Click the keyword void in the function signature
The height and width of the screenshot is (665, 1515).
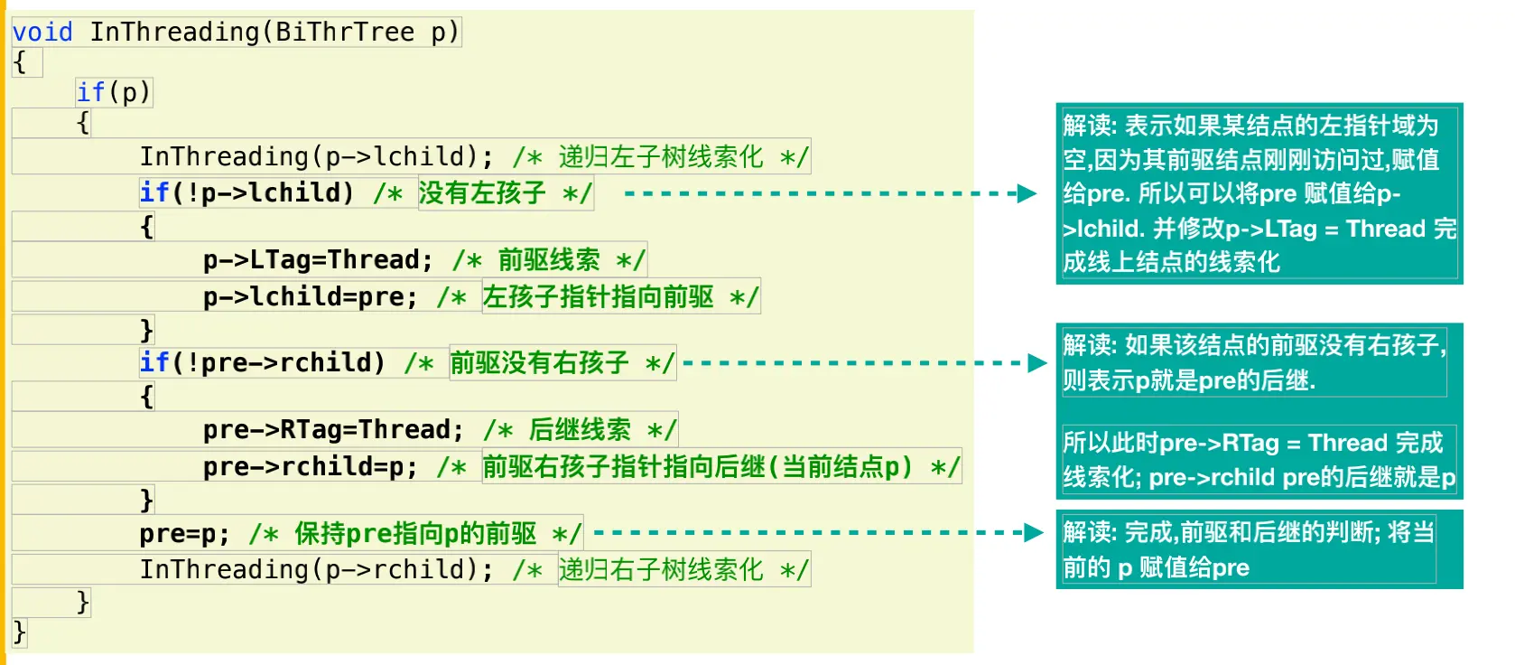click(x=42, y=33)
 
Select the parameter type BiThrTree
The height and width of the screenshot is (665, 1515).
click(x=344, y=33)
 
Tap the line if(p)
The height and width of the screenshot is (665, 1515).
click(x=114, y=92)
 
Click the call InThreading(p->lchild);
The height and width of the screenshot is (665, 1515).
click(x=316, y=157)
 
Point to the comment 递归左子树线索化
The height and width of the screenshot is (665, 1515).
click(x=661, y=157)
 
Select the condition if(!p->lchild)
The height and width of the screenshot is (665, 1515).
click(x=246, y=192)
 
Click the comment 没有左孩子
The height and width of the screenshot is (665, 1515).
click(x=482, y=192)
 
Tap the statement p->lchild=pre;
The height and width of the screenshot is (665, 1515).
click(x=310, y=296)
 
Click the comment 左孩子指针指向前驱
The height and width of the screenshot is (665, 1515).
click(x=598, y=296)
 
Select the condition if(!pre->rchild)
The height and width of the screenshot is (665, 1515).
click(x=262, y=363)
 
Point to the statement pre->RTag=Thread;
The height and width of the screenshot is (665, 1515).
click(x=333, y=430)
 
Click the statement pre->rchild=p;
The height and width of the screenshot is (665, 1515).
click(x=310, y=467)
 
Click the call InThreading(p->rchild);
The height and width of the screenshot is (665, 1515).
click(x=316, y=570)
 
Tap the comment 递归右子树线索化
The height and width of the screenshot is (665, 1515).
click(x=661, y=570)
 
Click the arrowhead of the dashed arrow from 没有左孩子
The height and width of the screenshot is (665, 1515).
click(x=1027, y=193)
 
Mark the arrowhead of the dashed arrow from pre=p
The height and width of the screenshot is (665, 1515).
click(x=1034, y=532)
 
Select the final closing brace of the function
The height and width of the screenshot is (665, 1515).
click(x=20, y=632)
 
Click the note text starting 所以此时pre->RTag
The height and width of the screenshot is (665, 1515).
click(x=1258, y=460)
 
